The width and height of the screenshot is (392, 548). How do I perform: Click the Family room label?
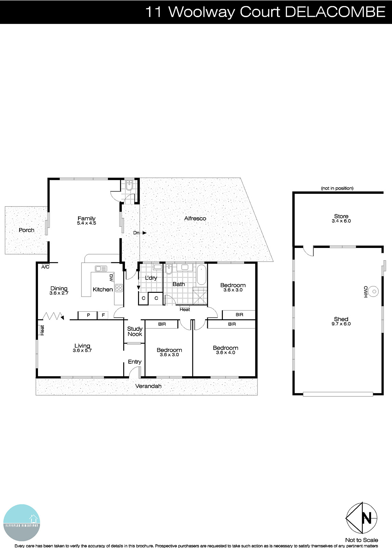click(x=86, y=219)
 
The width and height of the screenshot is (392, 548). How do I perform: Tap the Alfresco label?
click(x=195, y=219)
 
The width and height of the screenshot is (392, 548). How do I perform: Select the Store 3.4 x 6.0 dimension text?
click(x=341, y=221)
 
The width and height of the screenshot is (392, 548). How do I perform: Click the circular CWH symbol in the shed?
click(x=375, y=292)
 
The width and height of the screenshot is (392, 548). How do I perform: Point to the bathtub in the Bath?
click(x=202, y=275)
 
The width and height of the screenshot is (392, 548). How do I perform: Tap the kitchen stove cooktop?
click(x=119, y=288)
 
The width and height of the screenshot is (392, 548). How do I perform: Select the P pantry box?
click(x=88, y=315)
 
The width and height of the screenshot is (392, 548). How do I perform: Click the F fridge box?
click(x=103, y=315)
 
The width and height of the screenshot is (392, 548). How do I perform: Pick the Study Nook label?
click(x=135, y=332)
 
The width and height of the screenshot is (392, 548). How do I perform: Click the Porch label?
click(x=26, y=230)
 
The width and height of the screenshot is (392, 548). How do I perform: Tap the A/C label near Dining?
click(x=45, y=267)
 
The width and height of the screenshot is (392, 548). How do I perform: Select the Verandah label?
click(x=148, y=386)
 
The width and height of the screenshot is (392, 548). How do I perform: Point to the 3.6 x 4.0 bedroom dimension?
click(x=225, y=352)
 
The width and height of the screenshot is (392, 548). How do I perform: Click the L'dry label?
click(x=151, y=278)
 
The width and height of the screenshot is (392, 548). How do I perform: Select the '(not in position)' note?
click(x=337, y=188)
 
